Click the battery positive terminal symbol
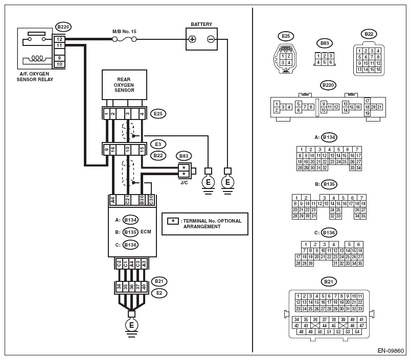click(193, 39)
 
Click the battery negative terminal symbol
click(210, 39)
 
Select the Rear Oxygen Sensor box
click(125, 84)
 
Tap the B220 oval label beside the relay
click(63, 27)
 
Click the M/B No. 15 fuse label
click(124, 31)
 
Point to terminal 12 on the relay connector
click(60, 39)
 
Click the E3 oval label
click(159, 145)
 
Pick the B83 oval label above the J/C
click(183, 155)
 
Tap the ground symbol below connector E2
click(131, 325)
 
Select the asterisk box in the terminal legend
click(173, 221)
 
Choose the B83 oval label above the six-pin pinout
click(324, 43)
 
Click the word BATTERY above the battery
click(201, 25)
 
